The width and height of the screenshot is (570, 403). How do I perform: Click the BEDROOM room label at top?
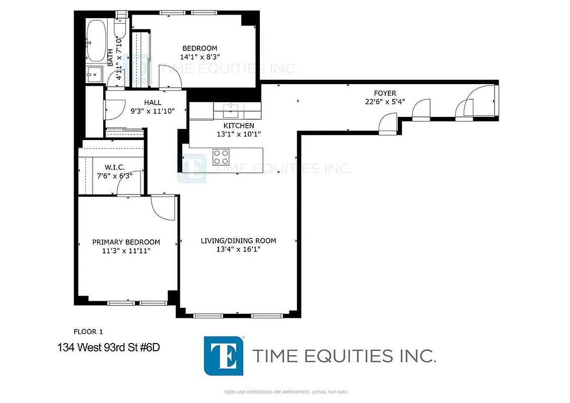click(x=199, y=48)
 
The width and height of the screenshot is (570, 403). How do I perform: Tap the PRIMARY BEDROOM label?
click(x=126, y=242)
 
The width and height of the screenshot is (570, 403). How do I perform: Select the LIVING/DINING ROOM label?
click(x=238, y=241)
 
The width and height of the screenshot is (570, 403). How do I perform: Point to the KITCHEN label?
click(x=239, y=125)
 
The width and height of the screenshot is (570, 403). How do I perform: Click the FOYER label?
click(x=385, y=93)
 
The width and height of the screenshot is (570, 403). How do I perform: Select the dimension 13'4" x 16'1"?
click(x=238, y=249)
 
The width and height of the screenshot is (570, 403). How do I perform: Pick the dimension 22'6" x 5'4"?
click(x=385, y=101)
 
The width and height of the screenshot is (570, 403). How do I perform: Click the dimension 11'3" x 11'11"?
click(x=126, y=250)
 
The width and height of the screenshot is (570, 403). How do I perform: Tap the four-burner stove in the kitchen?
click(x=221, y=157)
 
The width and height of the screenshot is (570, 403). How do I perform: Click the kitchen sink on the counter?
click(x=232, y=107)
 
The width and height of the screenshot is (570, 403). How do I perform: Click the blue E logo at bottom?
click(x=224, y=356)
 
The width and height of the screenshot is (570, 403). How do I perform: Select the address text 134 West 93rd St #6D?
click(x=109, y=347)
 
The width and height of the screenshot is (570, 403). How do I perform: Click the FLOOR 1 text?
click(x=88, y=331)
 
